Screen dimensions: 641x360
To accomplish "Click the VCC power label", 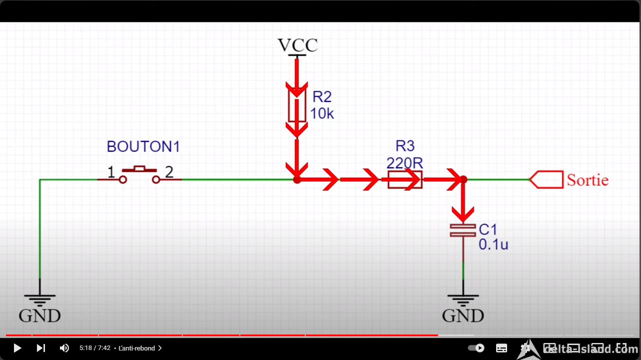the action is [298, 45].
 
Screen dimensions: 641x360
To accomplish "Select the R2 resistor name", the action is [322, 97].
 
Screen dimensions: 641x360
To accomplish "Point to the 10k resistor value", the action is [322, 113].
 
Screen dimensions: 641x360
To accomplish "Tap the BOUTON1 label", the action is [143, 147].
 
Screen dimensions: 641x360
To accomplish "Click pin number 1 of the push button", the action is [111, 172].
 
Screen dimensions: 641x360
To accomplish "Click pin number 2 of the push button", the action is [169, 172].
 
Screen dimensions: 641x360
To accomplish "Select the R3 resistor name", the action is [405, 146].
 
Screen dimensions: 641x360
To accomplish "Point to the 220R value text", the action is [405, 163].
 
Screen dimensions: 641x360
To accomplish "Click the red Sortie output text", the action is [588, 180].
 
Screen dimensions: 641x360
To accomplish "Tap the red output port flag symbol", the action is [547, 180].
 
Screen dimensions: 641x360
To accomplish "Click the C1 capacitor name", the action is [488, 230].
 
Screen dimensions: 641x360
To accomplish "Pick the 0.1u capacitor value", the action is [493, 245].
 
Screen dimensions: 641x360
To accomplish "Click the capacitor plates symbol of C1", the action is [463, 231].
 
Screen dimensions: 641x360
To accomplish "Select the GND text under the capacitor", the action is [463, 316].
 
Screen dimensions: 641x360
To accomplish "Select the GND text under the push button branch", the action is [40, 316].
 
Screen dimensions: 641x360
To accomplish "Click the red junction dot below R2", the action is [297, 180].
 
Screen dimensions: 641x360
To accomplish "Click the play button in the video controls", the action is [17, 348].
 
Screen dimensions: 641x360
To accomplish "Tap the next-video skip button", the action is [40, 348].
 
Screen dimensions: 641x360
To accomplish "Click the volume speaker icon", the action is [64, 348].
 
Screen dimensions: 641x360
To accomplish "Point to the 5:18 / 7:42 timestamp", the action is [95, 348].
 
